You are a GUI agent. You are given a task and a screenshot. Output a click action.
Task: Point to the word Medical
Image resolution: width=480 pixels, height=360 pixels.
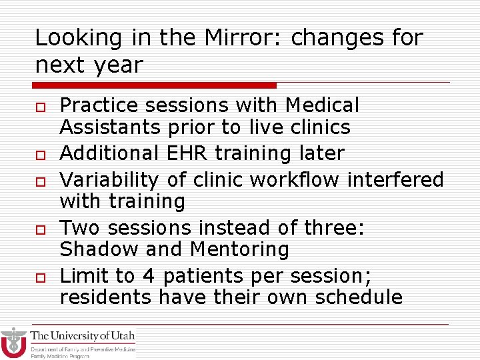321,105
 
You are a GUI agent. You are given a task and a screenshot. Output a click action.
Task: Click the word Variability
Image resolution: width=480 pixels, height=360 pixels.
109,180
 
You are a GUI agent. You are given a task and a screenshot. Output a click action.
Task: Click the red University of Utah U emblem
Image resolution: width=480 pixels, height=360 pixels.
13,343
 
